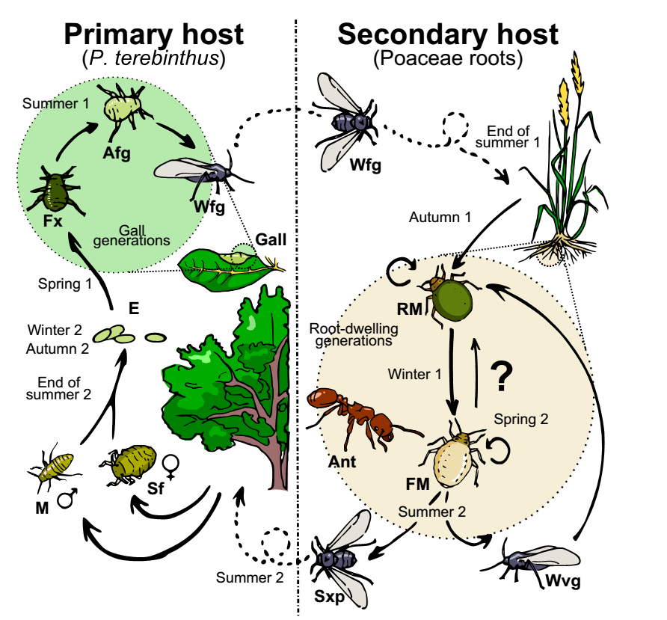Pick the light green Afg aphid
123,106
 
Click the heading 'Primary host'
153,34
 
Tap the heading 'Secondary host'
448,34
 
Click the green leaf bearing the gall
221,266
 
